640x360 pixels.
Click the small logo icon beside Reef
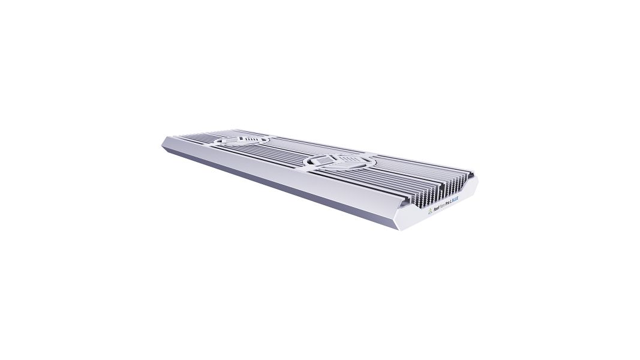tap(431, 211)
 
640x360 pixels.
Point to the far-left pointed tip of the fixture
tap(163, 142)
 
